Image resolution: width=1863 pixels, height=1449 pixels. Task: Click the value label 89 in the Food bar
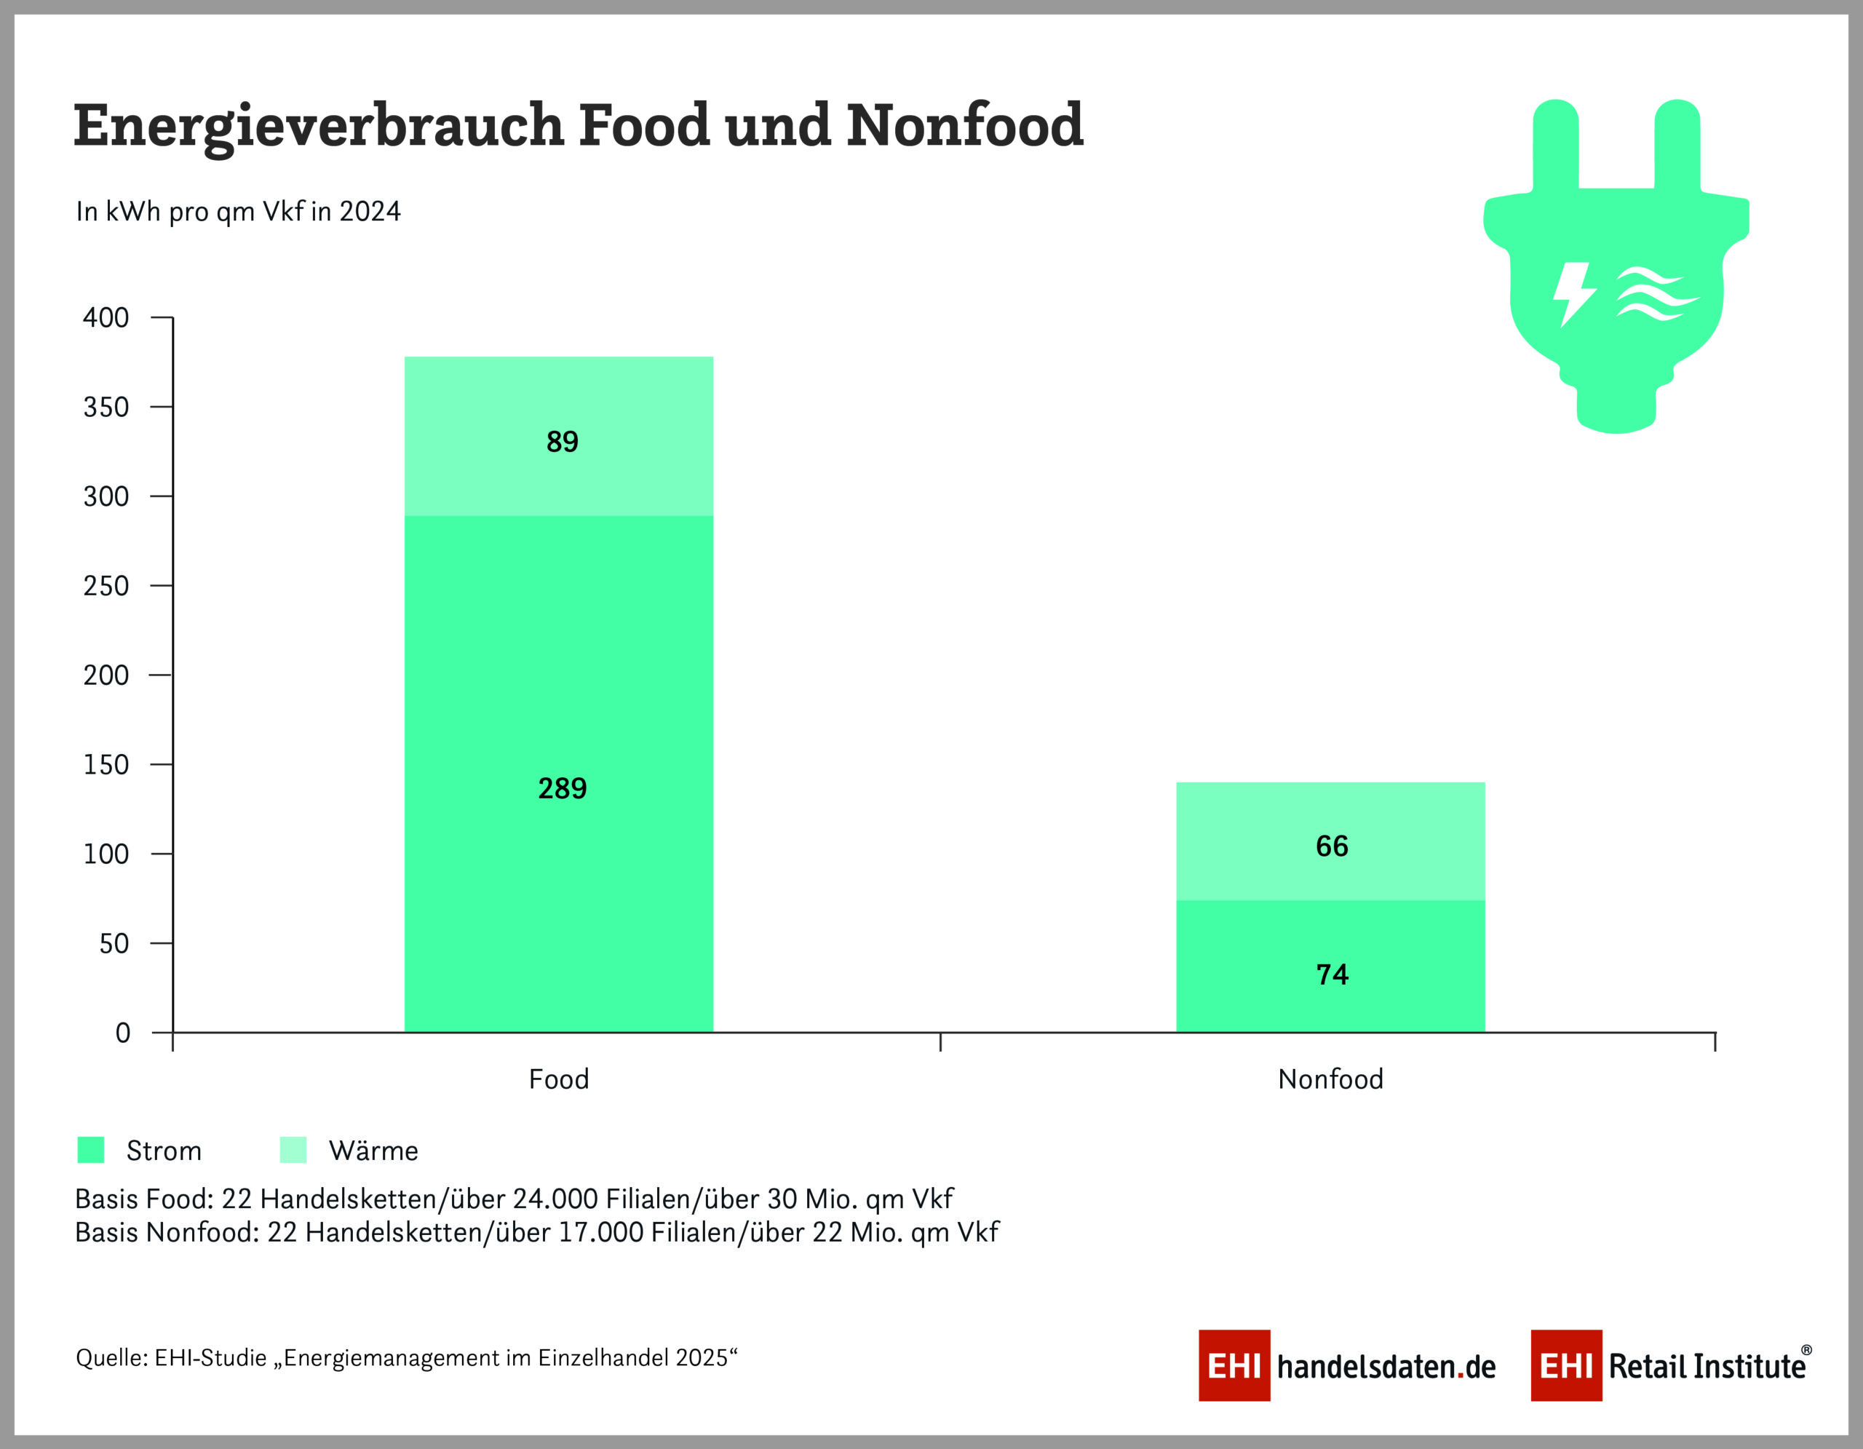coord(562,442)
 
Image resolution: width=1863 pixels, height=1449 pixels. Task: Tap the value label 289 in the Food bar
coord(562,788)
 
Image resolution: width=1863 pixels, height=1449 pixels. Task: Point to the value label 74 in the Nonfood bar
coord(1332,974)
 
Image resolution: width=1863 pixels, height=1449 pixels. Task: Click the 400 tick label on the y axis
coord(106,317)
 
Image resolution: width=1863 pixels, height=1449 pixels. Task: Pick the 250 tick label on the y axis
coord(106,586)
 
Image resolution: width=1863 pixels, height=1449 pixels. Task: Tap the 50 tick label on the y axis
coord(114,943)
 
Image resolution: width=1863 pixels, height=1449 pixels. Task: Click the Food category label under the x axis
coord(559,1080)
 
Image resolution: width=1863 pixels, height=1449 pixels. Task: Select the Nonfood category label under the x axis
coord(1330,1080)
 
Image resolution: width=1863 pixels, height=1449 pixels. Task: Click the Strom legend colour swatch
coord(90,1150)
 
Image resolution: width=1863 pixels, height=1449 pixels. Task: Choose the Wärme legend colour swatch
coord(293,1150)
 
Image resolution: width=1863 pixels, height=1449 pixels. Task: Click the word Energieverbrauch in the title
coord(318,125)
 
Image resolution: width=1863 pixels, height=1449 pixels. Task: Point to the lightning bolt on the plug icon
coord(1572,293)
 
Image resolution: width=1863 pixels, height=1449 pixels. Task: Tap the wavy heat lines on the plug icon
coord(1655,293)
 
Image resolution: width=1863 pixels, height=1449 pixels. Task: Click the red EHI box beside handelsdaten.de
coord(1234,1365)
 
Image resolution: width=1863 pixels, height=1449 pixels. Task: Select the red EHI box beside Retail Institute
coord(1565,1365)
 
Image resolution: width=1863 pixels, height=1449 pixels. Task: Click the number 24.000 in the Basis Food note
coord(555,1199)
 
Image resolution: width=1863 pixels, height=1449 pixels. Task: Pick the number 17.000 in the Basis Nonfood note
coord(600,1232)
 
